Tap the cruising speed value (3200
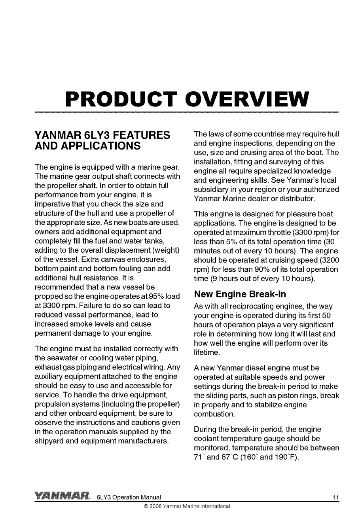pos(329,260)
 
